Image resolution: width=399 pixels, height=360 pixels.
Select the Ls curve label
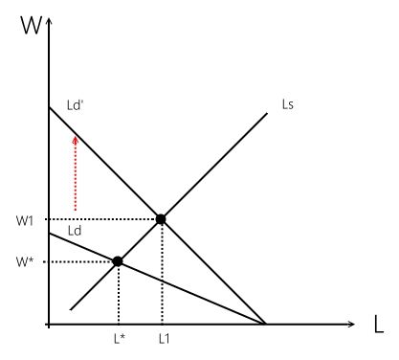click(x=286, y=102)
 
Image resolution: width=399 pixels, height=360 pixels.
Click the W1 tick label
click(x=26, y=220)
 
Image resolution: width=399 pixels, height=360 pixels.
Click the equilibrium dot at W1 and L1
click(x=161, y=219)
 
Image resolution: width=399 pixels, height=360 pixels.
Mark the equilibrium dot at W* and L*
click(x=118, y=261)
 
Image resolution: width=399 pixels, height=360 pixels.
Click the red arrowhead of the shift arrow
click(x=75, y=140)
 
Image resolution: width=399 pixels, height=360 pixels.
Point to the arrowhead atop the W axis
click(x=47, y=17)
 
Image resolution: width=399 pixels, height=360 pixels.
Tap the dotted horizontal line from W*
click(x=82, y=261)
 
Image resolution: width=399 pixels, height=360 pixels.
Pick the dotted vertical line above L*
click(x=118, y=294)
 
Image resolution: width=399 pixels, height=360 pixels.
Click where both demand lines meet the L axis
click(x=266, y=325)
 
